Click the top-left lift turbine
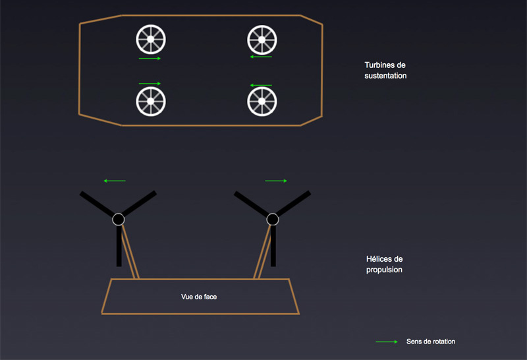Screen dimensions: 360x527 pyautogui.click(x=150, y=40)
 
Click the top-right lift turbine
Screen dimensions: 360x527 pyautogui.click(x=262, y=40)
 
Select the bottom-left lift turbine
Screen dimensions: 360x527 pyautogui.click(x=150, y=101)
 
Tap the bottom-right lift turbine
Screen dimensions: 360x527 pyautogui.click(x=262, y=101)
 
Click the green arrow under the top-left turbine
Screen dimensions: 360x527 pyautogui.click(x=150, y=59)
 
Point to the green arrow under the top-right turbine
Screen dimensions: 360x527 pyautogui.click(x=261, y=57)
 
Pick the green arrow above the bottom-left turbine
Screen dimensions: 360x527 pyautogui.click(x=150, y=83)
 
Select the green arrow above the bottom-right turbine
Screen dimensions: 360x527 pyautogui.click(x=261, y=85)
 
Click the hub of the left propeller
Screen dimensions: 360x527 pyautogui.click(x=119, y=219)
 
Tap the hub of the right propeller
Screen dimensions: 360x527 pyautogui.click(x=273, y=219)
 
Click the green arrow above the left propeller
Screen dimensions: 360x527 pyautogui.click(x=115, y=180)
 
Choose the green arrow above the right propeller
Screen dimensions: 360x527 pyautogui.click(x=276, y=180)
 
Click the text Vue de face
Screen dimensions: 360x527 pyautogui.click(x=199, y=297)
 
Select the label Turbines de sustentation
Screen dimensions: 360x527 pyautogui.click(x=385, y=71)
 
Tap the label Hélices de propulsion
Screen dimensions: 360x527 pyautogui.click(x=384, y=264)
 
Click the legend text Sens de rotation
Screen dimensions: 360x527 pyautogui.click(x=431, y=342)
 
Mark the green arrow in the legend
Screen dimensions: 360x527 pyautogui.click(x=387, y=342)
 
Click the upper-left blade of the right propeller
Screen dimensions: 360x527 pyautogui.click(x=253, y=204)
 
